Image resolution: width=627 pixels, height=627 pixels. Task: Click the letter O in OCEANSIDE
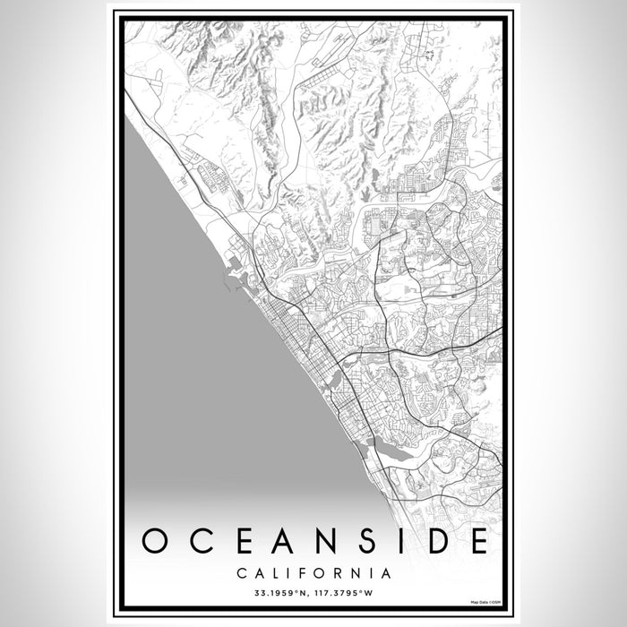point(158,541)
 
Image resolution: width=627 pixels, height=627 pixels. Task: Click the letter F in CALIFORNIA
point(305,572)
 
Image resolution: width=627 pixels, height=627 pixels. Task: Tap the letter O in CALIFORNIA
point(322,572)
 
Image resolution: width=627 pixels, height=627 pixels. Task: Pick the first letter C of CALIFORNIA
point(242,572)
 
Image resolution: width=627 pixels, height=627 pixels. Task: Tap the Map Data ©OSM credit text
point(483,600)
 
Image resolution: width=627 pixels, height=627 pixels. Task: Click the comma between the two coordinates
point(311,594)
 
